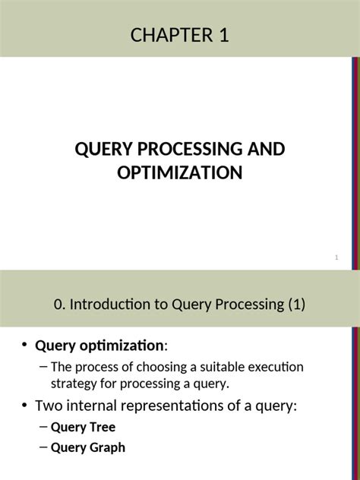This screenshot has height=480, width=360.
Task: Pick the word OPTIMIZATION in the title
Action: coord(180,173)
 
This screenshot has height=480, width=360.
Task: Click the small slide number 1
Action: coord(336,260)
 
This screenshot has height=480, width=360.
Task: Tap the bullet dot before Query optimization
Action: coord(24,346)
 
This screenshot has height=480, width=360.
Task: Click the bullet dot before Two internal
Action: coord(24,406)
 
